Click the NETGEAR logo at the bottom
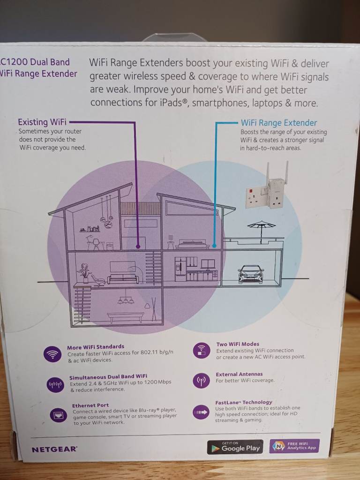(54, 449)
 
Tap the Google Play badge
(235, 447)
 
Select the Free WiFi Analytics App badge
(295, 446)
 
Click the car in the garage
(251, 274)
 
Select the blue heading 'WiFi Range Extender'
(279, 123)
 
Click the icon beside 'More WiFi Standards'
(52, 353)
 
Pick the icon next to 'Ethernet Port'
(59, 414)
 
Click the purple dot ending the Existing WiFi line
(137, 246)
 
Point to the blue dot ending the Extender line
(214, 245)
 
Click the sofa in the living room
(123, 279)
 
